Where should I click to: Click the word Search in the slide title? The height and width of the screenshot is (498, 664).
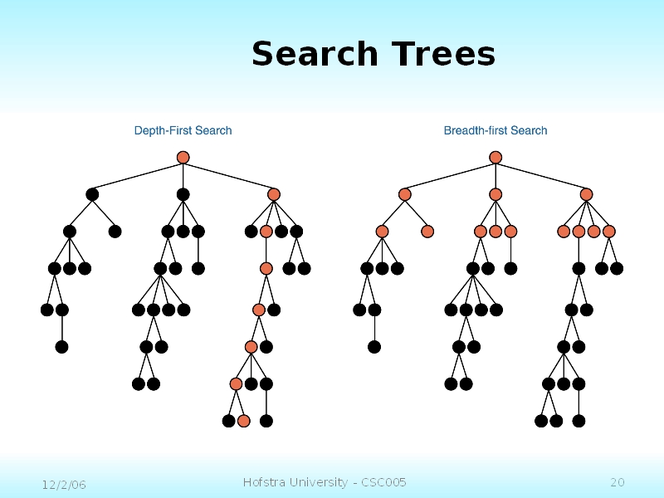click(315, 55)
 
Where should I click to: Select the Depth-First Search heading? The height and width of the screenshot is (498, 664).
click(183, 130)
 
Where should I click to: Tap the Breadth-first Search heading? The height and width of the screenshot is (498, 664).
click(496, 130)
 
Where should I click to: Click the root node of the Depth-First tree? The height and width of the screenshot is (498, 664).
click(183, 158)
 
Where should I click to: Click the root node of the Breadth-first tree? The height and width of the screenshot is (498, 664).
click(496, 158)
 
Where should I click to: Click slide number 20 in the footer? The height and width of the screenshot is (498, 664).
click(617, 482)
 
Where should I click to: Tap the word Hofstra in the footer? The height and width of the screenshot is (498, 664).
click(264, 482)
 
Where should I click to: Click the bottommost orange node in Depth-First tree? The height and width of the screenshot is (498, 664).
click(243, 421)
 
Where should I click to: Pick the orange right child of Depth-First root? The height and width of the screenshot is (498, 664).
click(274, 194)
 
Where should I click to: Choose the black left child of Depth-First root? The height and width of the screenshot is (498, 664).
click(92, 194)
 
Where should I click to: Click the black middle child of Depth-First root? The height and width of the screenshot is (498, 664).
click(183, 194)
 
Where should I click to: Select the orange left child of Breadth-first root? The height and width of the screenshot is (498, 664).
click(405, 194)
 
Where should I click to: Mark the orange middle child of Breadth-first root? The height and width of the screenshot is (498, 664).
click(496, 194)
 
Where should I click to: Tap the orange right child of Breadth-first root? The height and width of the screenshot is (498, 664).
click(586, 194)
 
